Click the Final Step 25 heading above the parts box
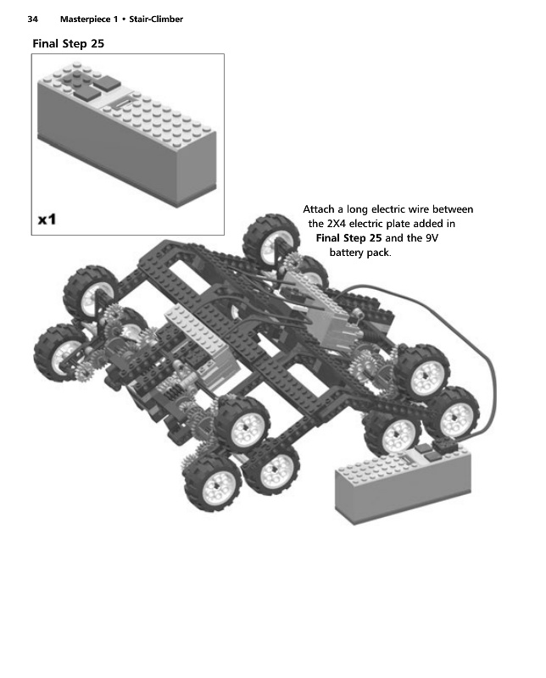click(x=68, y=43)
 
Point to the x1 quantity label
click(x=47, y=220)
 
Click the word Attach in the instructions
click(x=320, y=209)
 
